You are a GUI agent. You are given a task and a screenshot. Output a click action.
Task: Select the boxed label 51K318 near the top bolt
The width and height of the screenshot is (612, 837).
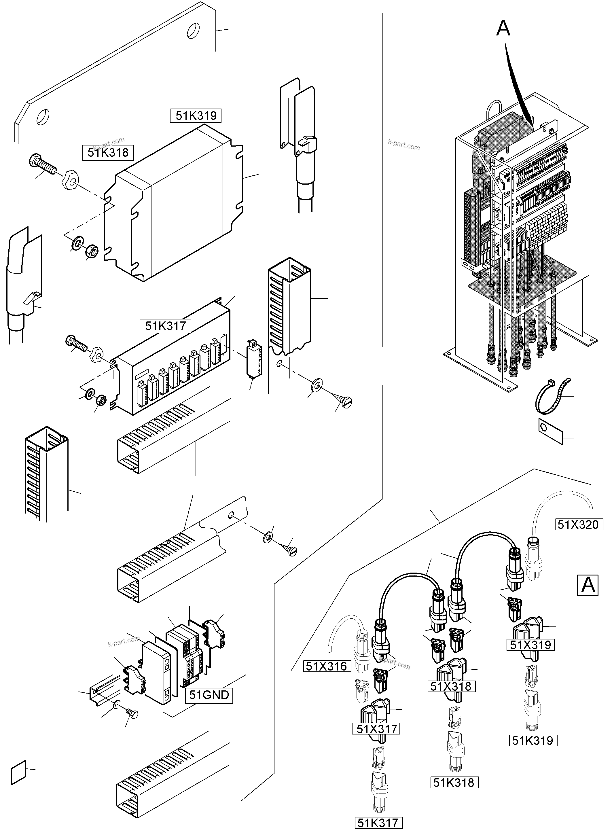click(108, 152)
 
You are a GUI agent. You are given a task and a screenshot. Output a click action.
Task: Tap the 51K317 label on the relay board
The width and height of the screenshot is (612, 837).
click(165, 326)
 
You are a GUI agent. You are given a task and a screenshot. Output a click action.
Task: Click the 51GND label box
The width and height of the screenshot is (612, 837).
click(209, 695)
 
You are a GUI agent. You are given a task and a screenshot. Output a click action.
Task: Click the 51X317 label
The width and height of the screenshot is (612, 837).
click(377, 729)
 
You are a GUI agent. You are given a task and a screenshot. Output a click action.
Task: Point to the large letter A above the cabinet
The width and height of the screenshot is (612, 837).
click(503, 28)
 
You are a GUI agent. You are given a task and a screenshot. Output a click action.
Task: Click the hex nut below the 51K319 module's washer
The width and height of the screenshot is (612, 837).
click(91, 251)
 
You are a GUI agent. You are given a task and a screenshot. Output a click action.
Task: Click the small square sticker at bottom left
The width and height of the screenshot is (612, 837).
click(18, 772)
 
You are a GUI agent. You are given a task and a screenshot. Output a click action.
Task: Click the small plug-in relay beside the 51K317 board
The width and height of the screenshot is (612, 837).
click(253, 360)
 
